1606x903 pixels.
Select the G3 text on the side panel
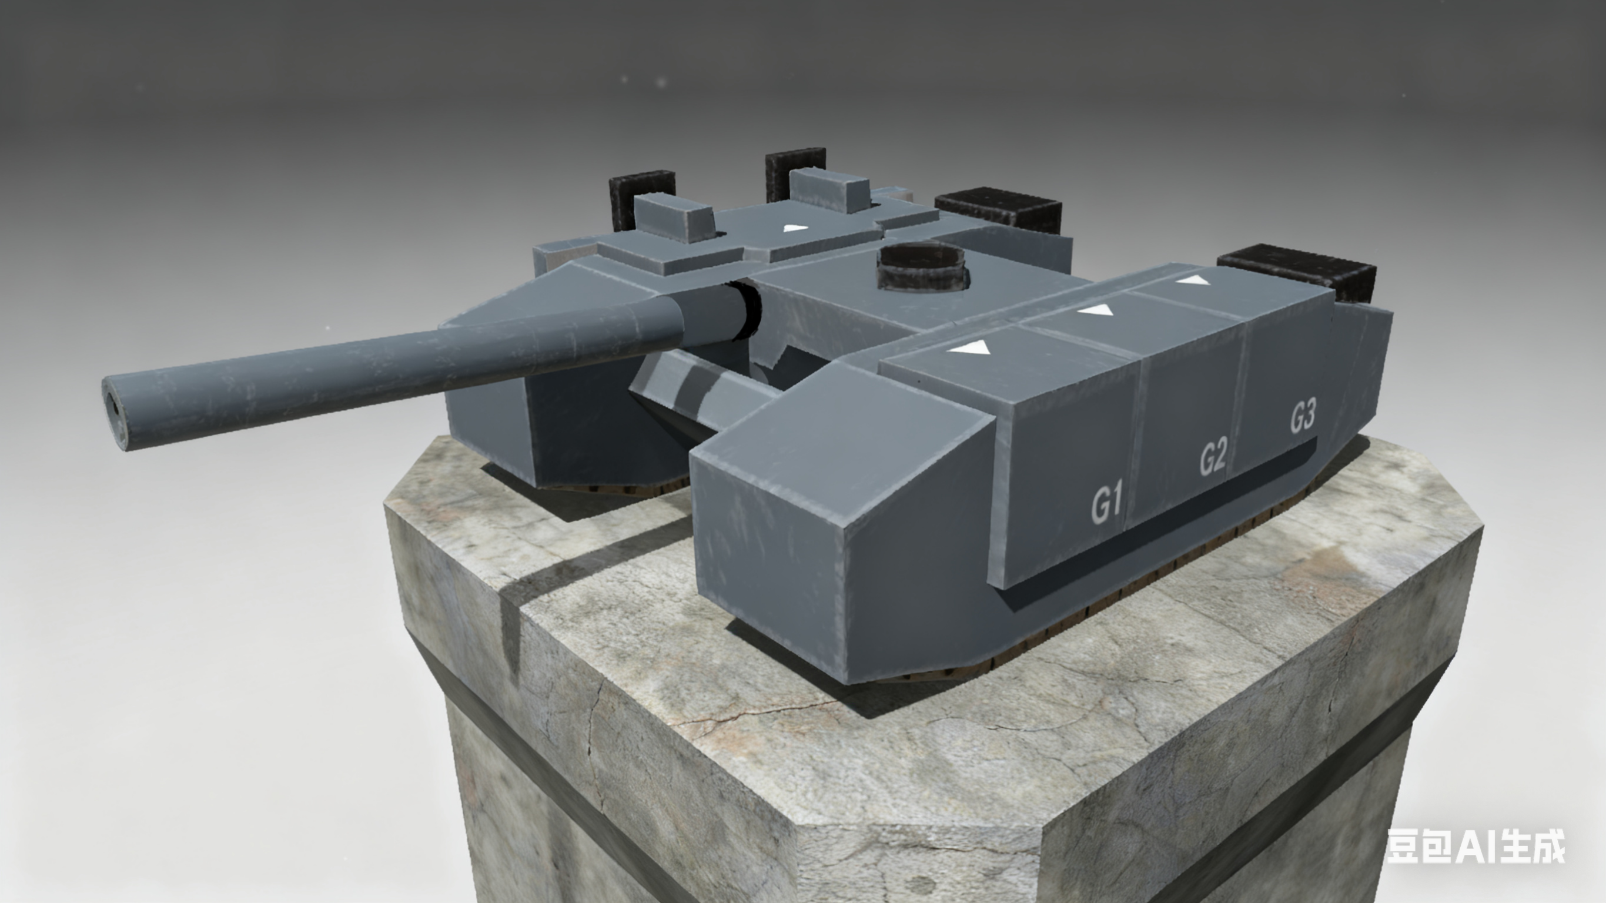tap(1303, 417)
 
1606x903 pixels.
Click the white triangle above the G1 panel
tap(969, 347)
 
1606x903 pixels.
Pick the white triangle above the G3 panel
tap(1193, 280)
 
